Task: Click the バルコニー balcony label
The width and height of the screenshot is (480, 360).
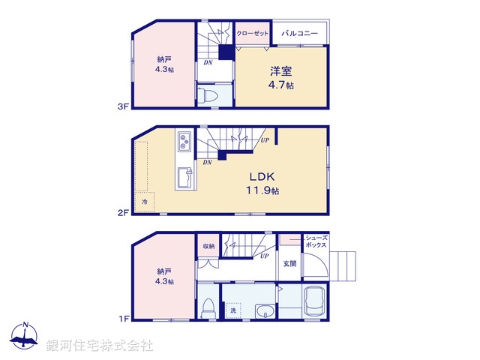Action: click(x=300, y=34)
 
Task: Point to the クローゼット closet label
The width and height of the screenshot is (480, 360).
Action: click(x=252, y=34)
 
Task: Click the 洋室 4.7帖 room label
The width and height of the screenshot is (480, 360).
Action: click(x=282, y=78)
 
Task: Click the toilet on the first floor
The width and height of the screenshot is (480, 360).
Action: click(x=209, y=309)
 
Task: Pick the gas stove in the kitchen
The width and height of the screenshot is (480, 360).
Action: click(x=185, y=141)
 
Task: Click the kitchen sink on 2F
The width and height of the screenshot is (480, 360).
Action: click(x=185, y=179)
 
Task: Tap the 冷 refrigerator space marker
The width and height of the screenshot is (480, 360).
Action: click(x=145, y=201)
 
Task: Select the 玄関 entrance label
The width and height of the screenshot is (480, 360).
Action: click(x=289, y=263)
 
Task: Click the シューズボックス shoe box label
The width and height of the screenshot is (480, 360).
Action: click(x=315, y=241)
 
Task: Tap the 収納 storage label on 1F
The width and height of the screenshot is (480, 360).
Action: click(x=208, y=246)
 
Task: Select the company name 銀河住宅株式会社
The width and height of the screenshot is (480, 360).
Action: click(x=100, y=346)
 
